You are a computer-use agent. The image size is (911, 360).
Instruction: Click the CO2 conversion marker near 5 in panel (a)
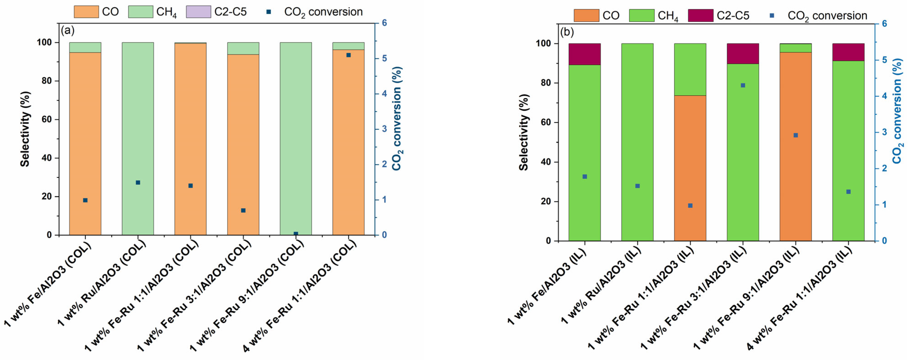(x=348, y=55)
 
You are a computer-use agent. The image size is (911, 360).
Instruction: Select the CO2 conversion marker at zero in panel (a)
(x=296, y=234)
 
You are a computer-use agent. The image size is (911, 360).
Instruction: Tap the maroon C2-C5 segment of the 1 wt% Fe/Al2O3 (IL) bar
(x=584, y=54)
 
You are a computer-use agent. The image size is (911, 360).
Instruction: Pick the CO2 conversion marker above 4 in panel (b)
(x=743, y=85)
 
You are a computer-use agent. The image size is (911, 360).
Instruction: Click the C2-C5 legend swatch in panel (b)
(x=700, y=15)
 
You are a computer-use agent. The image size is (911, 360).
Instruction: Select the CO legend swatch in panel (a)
(x=86, y=12)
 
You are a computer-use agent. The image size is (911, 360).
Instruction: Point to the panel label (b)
(x=567, y=32)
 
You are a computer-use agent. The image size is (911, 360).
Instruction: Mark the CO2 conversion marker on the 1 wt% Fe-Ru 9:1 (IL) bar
(x=796, y=135)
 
